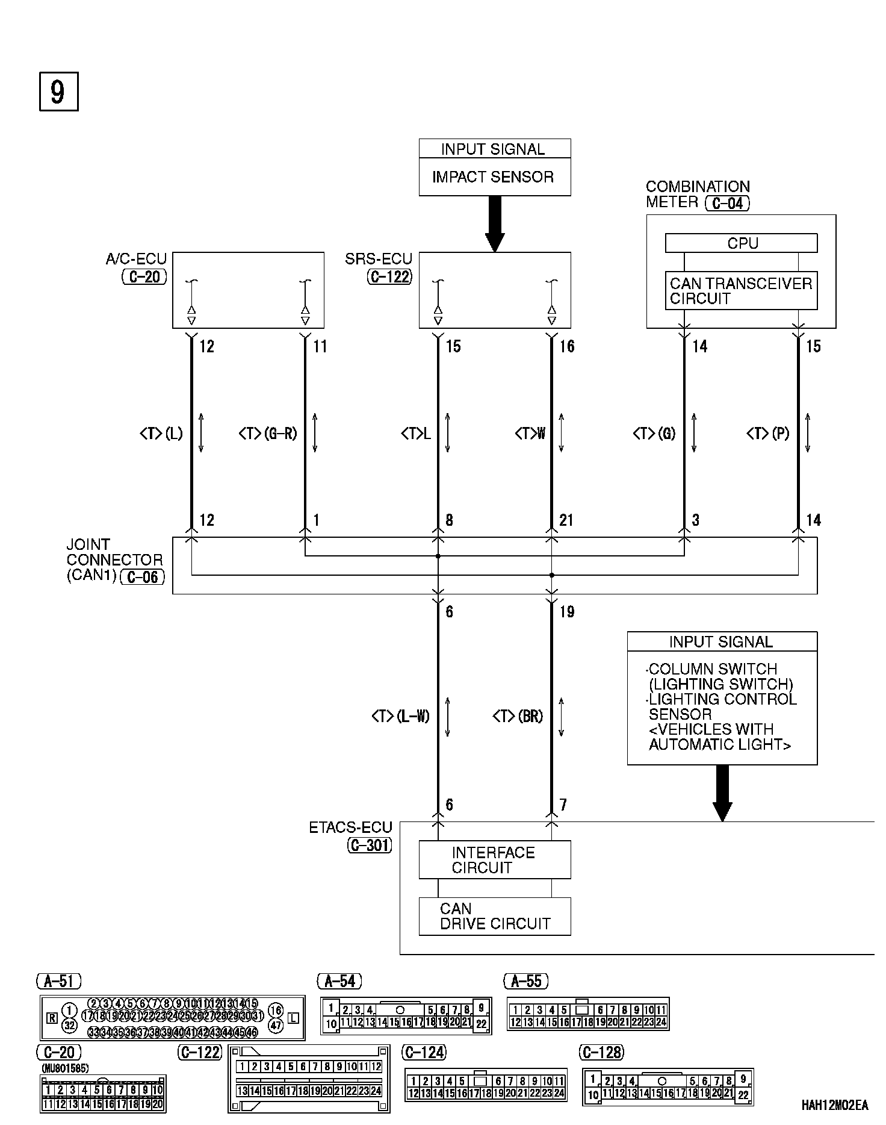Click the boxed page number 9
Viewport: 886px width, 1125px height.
(x=58, y=92)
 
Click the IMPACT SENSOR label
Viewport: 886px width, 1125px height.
(x=493, y=177)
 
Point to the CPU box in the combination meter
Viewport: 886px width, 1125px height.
(x=741, y=243)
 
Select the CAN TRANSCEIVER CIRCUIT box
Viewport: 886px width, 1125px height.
(x=741, y=291)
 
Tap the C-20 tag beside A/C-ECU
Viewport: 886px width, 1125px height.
(x=144, y=277)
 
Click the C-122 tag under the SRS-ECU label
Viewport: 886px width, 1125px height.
(x=390, y=277)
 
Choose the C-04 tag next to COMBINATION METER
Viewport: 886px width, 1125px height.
(x=728, y=203)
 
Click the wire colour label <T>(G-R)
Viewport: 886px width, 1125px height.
(x=268, y=433)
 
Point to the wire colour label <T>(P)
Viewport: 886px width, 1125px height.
(x=768, y=433)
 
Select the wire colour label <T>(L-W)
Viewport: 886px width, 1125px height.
(x=400, y=716)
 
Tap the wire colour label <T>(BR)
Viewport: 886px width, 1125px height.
(x=518, y=716)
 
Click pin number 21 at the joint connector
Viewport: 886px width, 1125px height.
(x=566, y=520)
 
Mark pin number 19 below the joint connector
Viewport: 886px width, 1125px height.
(x=567, y=612)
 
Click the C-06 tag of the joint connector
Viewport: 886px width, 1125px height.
(x=143, y=577)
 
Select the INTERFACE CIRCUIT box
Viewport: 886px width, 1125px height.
(x=494, y=860)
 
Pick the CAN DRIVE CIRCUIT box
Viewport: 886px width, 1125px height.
(x=494, y=917)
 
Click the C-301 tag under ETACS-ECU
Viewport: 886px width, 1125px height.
(x=370, y=846)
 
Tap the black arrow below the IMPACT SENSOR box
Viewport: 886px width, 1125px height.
(x=495, y=223)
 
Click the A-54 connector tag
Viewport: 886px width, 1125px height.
(x=340, y=981)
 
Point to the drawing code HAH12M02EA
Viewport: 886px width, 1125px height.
(x=834, y=1105)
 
